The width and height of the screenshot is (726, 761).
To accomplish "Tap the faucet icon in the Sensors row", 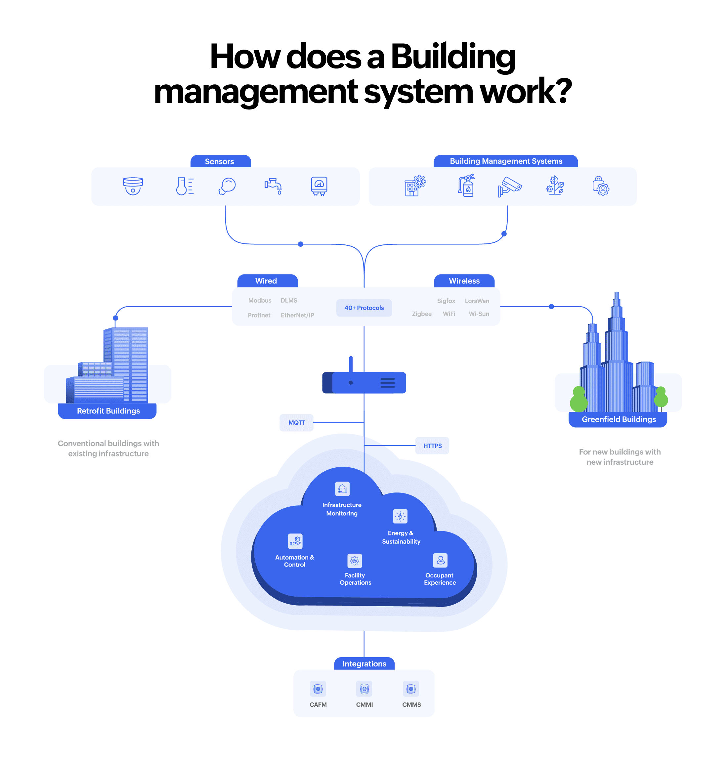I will click(x=273, y=186).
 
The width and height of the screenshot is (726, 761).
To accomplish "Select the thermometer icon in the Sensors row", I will click(x=185, y=186).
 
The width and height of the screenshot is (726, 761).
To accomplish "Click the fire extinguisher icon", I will click(x=467, y=186).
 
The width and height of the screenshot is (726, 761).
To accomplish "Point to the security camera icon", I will click(x=510, y=187).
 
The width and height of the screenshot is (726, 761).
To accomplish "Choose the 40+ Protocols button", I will click(x=364, y=308).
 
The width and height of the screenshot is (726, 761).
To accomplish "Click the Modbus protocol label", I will click(x=260, y=301).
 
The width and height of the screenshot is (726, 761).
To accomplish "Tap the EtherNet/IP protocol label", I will click(x=297, y=315).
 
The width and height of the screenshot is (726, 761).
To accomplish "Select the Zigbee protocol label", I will click(x=421, y=314).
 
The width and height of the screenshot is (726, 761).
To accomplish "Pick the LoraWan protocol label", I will click(x=477, y=301).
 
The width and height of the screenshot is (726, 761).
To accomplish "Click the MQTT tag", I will click(x=296, y=422).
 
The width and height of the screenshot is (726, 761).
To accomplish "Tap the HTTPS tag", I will click(x=432, y=446).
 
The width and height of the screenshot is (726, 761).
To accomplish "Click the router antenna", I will click(x=351, y=364).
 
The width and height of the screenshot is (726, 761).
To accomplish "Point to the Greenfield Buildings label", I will click(x=619, y=419).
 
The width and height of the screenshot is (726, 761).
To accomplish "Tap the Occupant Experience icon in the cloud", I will click(x=440, y=560).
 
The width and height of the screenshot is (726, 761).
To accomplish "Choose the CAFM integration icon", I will click(x=318, y=689).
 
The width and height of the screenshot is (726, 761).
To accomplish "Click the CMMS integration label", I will click(x=411, y=704).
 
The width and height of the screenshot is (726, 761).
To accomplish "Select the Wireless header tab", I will click(x=464, y=281).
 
